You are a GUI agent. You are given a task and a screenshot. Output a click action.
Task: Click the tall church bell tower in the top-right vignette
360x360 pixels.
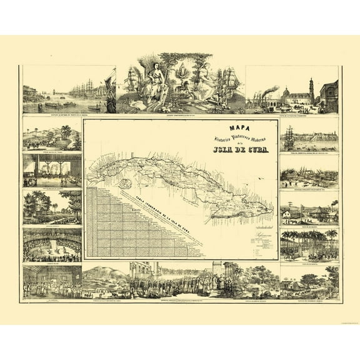311,91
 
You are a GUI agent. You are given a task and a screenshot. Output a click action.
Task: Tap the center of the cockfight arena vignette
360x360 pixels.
52,244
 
